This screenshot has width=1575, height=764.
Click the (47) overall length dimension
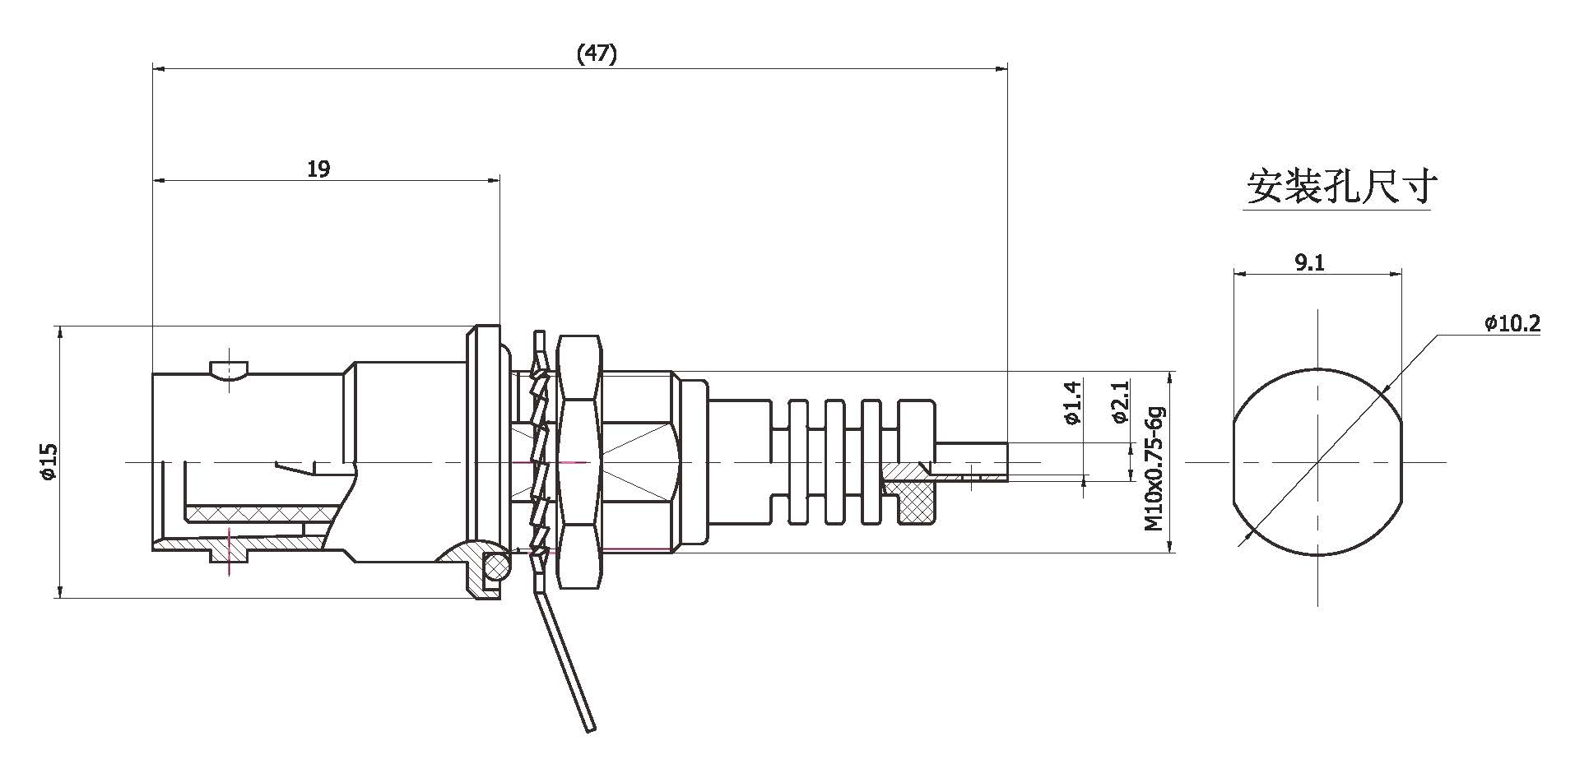[597, 54]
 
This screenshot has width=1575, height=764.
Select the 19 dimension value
[318, 169]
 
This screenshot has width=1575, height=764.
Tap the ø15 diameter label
[48, 461]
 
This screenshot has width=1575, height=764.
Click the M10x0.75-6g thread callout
[1156, 467]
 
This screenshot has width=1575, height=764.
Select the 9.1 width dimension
[1309, 263]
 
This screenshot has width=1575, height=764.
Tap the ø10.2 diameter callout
[1512, 324]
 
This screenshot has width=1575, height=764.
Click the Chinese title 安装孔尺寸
[1342, 188]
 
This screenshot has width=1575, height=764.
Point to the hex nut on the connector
[580, 461]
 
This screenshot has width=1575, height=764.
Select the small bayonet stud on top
[229, 368]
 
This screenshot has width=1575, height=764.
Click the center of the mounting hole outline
[1317, 461]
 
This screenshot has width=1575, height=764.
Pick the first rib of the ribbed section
[798, 461]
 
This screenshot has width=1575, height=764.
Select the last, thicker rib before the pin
[915, 432]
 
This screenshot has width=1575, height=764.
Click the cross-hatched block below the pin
[916, 500]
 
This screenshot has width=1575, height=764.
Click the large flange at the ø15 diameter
[482, 461]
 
